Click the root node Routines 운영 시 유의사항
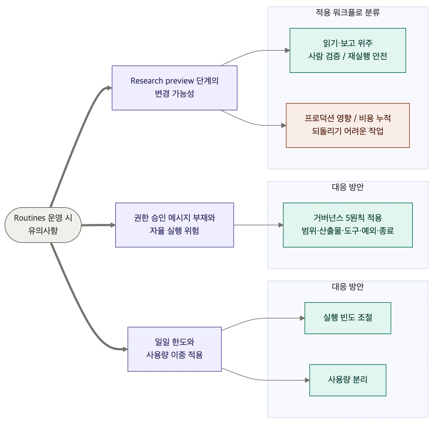pyautogui.click(x=43, y=225)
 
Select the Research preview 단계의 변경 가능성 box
pyautogui.click(x=174, y=88)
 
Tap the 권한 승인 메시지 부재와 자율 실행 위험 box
pyautogui.click(x=174, y=225)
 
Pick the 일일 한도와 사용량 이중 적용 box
pyautogui.click(x=174, y=349)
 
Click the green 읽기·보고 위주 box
pyautogui.click(x=348, y=50)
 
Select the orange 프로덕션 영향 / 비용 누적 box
pyautogui.click(x=348, y=125)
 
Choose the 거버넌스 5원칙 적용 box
pyautogui.click(x=348, y=225)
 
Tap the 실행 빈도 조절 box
pyautogui.click(x=348, y=318)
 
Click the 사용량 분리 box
pyautogui.click(x=348, y=380)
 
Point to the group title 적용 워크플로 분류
pyautogui.click(x=348, y=12)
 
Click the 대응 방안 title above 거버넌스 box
pyautogui.click(x=348, y=187)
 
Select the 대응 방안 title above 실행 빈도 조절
pyautogui.click(x=348, y=287)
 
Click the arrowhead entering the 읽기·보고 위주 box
pyautogui.click(x=287, y=50)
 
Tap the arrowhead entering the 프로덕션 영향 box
pyautogui.click(x=284, y=125)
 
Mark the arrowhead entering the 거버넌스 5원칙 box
pyautogui.click(x=281, y=225)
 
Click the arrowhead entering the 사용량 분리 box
pyautogui.click(x=307, y=380)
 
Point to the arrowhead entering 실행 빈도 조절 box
pyautogui.click(x=302, y=318)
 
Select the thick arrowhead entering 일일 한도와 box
pyautogui.click(x=125, y=349)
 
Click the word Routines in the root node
pyautogui.click(x=30, y=218)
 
